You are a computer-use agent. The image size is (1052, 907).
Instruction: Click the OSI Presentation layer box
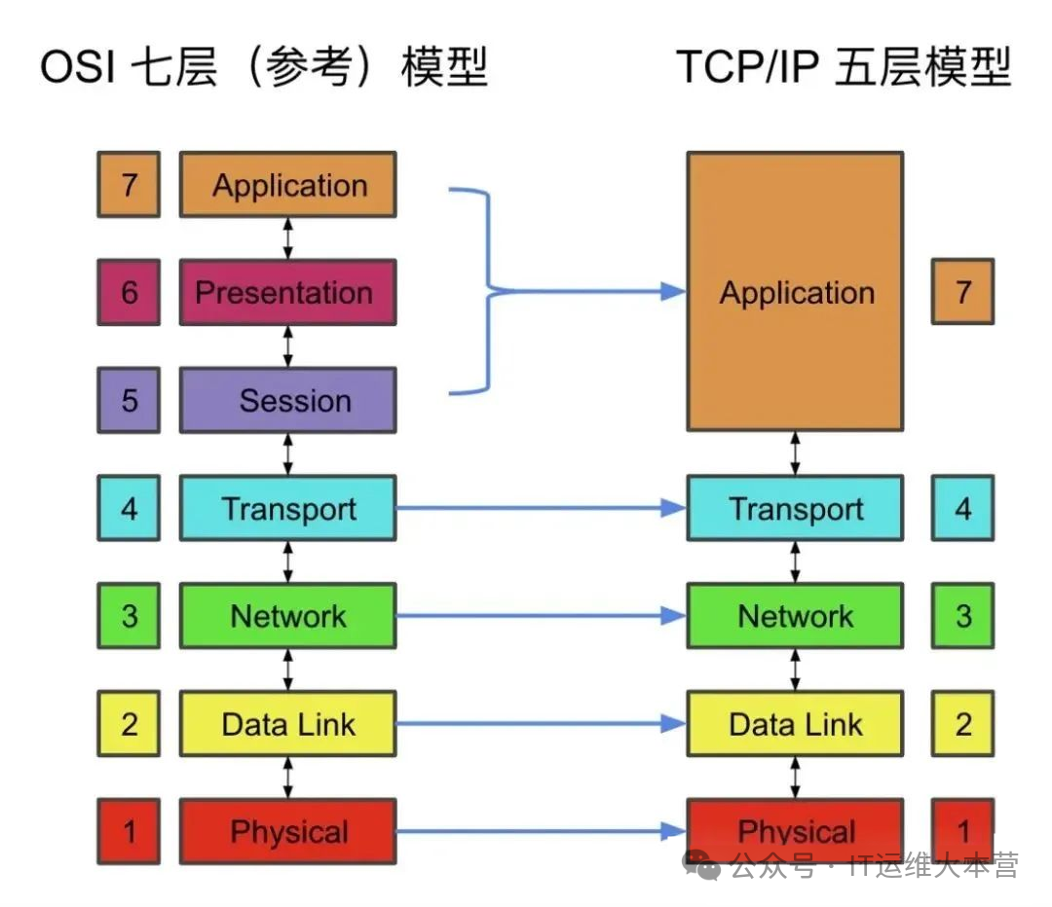pos(287,292)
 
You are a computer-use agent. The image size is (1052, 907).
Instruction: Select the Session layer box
pos(287,400)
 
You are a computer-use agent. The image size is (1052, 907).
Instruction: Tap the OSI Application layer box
pos(287,184)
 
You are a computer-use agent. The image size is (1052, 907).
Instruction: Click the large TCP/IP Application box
pos(795,291)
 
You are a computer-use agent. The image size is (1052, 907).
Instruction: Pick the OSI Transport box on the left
pos(287,508)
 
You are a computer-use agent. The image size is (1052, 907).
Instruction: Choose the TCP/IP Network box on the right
pos(795,616)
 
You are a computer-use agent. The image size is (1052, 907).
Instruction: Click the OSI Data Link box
pos(287,724)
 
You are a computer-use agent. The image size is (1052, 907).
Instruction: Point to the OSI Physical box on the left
pos(287,831)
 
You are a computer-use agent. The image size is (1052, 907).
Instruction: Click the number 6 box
pos(129,292)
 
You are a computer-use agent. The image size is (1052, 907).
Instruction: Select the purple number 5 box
pos(129,400)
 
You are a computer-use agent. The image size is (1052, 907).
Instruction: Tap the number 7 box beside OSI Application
pos(129,184)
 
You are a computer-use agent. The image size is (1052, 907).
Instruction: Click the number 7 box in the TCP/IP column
pos(962,291)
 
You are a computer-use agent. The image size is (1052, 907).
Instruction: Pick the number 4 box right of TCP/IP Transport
pos(962,508)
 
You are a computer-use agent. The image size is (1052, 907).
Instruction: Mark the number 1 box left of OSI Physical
pos(129,831)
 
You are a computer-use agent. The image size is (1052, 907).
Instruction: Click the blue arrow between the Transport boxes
pos(541,508)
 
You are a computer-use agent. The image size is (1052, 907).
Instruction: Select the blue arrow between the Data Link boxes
pos(541,724)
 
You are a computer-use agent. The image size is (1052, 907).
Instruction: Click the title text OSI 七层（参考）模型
pos(263,69)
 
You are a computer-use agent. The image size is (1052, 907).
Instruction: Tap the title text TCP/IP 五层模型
pos(844,69)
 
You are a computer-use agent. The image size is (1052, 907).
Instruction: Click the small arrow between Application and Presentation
pos(287,238)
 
